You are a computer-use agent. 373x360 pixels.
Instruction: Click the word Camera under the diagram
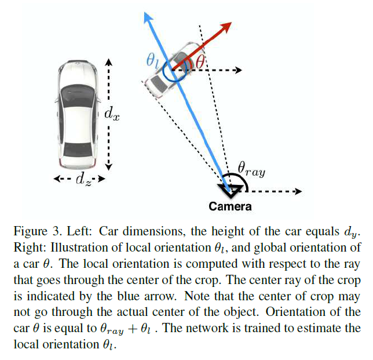click(231, 206)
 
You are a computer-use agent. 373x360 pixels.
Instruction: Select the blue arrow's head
click(147, 17)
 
